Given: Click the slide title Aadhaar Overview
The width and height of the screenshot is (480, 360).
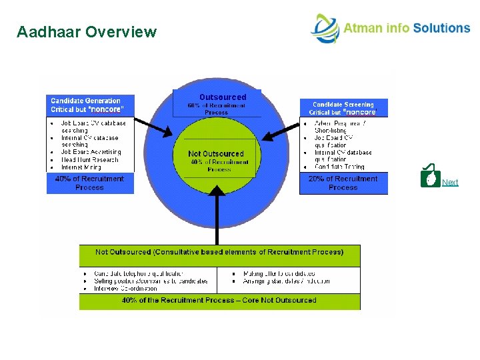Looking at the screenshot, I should (87, 32).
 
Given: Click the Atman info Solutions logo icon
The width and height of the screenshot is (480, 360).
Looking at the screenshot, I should (325, 29).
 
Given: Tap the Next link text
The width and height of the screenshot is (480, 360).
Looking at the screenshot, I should (450, 182).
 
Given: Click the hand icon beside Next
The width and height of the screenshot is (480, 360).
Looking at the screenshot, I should (431, 177).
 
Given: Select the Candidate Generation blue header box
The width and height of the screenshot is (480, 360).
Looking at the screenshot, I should (90, 105).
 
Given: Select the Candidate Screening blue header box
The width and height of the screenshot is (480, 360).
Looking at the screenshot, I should (343, 108).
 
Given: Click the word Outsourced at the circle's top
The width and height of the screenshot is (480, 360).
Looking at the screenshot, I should (223, 97).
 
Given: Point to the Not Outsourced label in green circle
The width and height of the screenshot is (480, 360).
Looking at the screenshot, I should (216, 154).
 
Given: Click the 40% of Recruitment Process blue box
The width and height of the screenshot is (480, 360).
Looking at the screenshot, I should (90, 183).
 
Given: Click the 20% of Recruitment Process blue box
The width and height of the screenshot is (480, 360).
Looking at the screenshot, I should (343, 183).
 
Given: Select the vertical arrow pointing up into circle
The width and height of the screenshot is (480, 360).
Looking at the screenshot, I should (218, 213).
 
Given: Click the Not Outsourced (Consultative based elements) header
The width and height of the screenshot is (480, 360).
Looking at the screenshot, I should (219, 253).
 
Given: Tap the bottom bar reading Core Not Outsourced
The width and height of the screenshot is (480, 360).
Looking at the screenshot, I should (219, 301).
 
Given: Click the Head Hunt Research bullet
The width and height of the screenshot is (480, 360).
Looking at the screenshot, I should (89, 160).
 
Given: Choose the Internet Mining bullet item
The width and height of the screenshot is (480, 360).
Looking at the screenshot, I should (81, 167).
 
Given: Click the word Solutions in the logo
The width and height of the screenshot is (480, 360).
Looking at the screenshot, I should (441, 28).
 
